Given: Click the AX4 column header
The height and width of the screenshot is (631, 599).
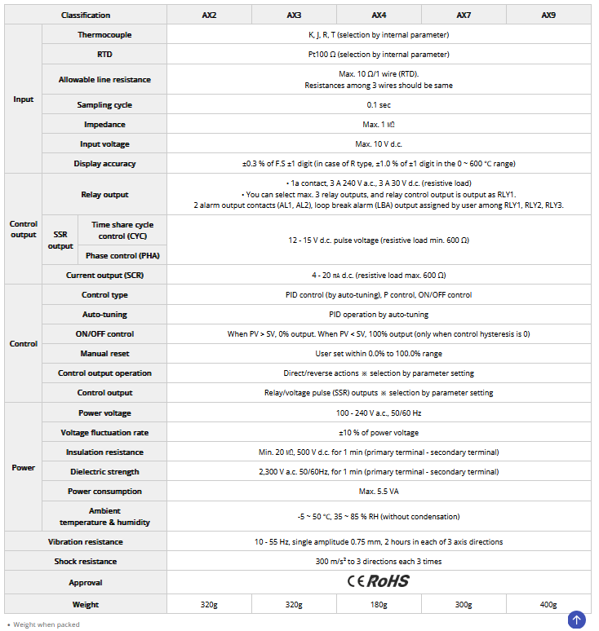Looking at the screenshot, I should coord(379,15).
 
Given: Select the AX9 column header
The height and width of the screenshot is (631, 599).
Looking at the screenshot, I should coord(548,15).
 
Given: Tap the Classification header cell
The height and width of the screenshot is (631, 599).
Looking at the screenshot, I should coord(85,15).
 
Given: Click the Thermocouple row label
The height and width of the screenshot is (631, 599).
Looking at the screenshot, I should coord(104,35).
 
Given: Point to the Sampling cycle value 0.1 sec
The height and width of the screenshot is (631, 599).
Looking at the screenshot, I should coord(379,105).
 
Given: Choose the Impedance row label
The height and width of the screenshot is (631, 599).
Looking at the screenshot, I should coord(104,125).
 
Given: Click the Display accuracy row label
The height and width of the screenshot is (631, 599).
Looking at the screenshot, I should coord(104,164).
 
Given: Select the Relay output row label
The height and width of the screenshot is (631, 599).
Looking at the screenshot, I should coord(104,195).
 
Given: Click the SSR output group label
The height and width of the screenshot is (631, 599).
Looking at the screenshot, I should coord(60,240).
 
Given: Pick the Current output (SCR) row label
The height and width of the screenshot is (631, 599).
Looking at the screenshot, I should coord(104,276).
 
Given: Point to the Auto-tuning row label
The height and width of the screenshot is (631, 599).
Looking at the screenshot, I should coord(104,315).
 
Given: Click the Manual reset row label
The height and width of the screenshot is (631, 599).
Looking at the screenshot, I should coord(104,354).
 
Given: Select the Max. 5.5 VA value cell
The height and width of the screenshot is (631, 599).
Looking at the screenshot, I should coord(379,492).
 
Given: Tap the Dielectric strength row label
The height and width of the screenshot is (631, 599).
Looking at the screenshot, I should coord(104,472).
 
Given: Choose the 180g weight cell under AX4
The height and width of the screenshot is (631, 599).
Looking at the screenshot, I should coord(379,605).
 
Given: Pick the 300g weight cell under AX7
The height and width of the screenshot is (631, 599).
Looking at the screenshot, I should coord(464,605).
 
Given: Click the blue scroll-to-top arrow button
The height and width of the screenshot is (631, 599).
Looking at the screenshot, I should coord(577,620).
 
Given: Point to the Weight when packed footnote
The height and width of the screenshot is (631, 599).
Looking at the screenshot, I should coord(46,625).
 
